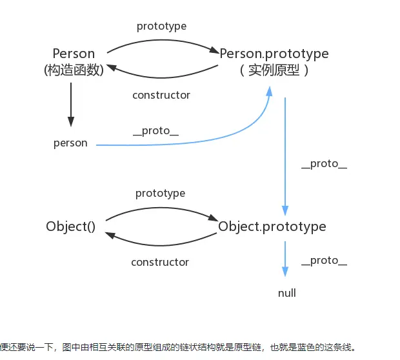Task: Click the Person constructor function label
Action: click(x=74, y=54)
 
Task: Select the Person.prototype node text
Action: click(x=274, y=54)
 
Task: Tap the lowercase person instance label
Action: click(x=70, y=143)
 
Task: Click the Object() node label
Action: click(x=70, y=226)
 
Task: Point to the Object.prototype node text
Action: click(x=272, y=226)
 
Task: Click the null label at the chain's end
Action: click(x=286, y=293)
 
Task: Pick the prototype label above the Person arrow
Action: click(x=161, y=26)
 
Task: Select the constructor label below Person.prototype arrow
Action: click(x=161, y=95)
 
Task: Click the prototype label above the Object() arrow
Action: click(x=160, y=194)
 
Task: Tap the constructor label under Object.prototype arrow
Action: click(x=160, y=262)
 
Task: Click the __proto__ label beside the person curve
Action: click(x=155, y=131)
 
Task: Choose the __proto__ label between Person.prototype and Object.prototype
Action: click(x=324, y=164)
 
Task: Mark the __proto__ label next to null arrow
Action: click(x=324, y=261)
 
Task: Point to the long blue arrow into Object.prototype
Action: click(x=285, y=155)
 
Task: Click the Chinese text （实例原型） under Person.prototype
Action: click(x=274, y=70)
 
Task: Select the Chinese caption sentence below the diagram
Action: click(x=178, y=346)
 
